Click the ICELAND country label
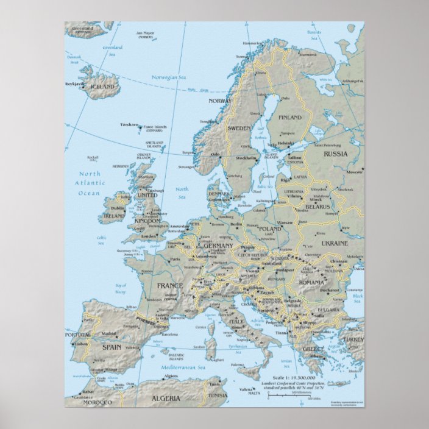[x=102, y=87]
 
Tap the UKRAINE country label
[x=334, y=243]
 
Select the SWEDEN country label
[x=239, y=129]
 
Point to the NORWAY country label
[x=220, y=101]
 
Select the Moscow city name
[x=354, y=172]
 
